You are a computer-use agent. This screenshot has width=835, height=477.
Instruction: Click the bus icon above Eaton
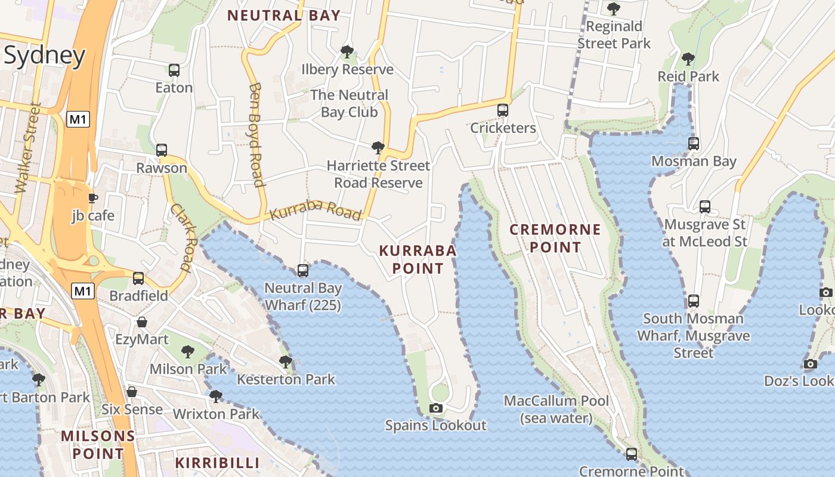174,70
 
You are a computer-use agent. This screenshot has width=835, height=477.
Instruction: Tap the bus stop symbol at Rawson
162,150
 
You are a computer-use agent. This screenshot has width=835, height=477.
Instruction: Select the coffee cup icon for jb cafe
92,198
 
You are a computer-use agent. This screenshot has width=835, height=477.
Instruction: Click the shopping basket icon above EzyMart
142,323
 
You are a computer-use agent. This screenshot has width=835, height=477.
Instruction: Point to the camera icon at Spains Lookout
436,408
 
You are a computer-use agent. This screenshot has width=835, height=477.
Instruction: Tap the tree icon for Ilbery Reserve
347,52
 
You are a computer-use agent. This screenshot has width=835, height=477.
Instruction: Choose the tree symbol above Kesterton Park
286,361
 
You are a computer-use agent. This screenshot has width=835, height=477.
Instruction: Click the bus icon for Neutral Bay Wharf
303,271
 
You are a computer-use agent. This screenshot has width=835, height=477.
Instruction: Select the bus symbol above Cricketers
503,110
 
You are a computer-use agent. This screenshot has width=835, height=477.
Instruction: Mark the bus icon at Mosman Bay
693,144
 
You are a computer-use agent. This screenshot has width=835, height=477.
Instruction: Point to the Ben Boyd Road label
256,135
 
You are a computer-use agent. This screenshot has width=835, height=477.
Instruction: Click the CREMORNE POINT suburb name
555,238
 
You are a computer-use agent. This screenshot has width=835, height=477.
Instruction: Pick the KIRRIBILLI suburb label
217,463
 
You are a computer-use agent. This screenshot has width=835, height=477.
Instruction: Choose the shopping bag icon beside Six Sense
132,392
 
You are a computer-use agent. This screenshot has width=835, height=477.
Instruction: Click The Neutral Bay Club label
349,103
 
